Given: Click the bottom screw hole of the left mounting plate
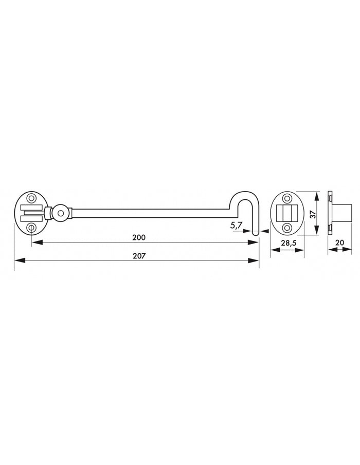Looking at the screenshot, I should coord(30,227).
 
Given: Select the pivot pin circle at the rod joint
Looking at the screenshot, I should coord(61,212).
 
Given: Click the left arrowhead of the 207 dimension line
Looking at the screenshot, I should coord(17,261).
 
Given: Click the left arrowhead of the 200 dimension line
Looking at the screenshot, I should coord(34,243).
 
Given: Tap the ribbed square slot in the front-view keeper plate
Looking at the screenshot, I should coord(288,212).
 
